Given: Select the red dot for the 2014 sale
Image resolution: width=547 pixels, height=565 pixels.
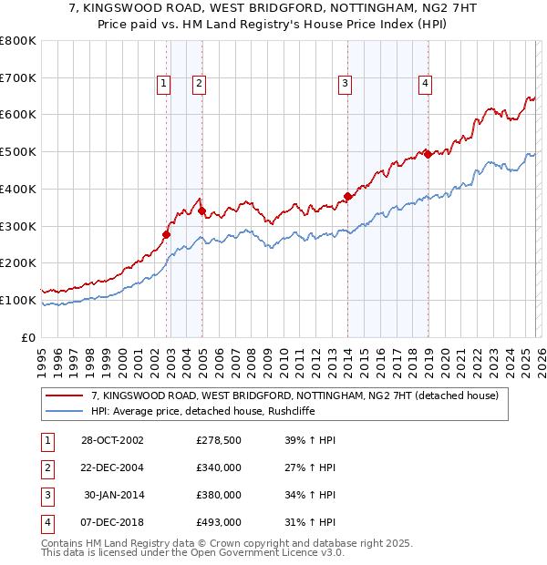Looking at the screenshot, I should point(347,196).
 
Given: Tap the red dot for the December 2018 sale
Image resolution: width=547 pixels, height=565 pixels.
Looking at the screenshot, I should point(427,154).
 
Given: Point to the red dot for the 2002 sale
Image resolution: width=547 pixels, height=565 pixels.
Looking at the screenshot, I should point(166,234).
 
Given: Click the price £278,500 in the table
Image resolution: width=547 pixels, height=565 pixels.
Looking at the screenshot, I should point(218,440).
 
